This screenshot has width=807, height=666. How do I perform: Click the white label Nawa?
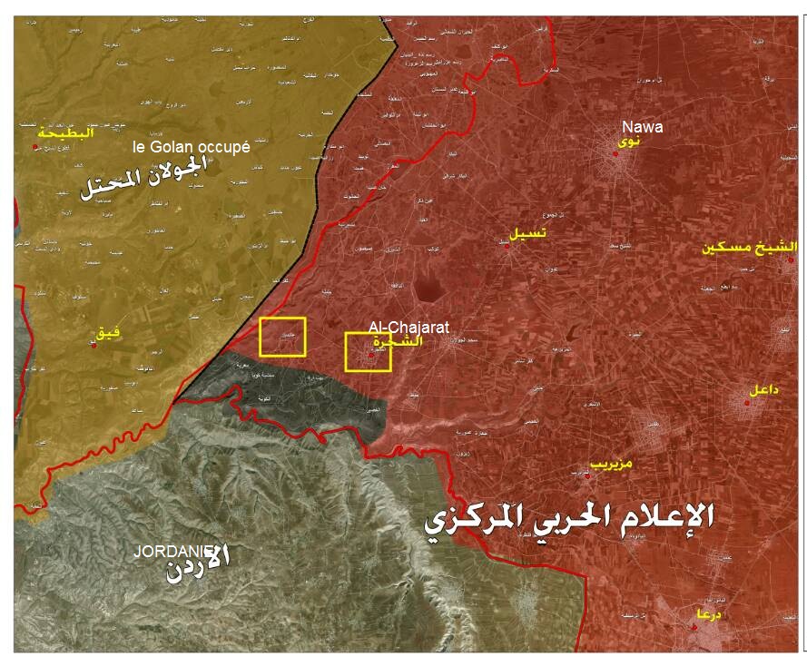pyautogui.click(x=641, y=128)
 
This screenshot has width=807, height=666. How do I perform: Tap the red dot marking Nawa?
pyautogui.click(x=615, y=153)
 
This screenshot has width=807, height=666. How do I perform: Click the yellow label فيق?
pyautogui.click(x=108, y=335)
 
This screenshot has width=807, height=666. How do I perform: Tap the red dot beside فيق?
pyautogui.click(x=93, y=345)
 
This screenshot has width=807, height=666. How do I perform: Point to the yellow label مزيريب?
pyautogui.click(x=611, y=463)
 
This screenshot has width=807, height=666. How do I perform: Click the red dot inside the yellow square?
pyautogui.click(x=370, y=355)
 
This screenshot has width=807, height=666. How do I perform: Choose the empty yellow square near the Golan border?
pyautogui.click(x=282, y=337)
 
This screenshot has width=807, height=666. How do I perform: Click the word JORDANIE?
pyautogui.click(x=172, y=551)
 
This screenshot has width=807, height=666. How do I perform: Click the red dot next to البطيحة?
pyautogui.click(x=35, y=146)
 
